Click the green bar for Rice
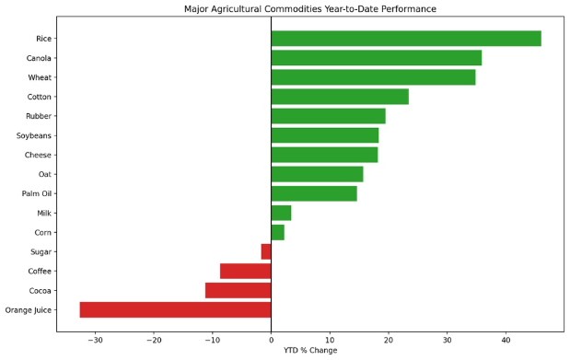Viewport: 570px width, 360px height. point(406,39)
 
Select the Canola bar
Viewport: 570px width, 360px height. point(377,58)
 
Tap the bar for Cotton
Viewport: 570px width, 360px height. point(340,97)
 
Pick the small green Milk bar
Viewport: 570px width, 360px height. point(281,213)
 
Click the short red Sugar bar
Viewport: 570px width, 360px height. point(266,251)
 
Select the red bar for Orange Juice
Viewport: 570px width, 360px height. point(176,309)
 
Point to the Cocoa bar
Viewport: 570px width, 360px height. point(238,291)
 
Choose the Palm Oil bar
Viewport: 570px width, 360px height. point(314,193)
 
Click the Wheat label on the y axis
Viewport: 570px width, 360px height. point(40,77)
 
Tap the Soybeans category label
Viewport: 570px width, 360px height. point(34,135)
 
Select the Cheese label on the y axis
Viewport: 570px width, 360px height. point(38,155)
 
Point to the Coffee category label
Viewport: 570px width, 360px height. point(40,272)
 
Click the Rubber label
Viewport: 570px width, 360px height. point(39,116)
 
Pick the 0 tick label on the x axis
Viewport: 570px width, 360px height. point(271,341)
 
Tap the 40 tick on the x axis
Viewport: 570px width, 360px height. point(506,341)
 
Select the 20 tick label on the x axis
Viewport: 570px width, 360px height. point(389,341)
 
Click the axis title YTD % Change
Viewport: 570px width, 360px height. point(310,350)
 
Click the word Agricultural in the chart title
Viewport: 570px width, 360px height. point(236,8)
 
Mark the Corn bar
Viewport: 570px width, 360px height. point(278,232)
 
